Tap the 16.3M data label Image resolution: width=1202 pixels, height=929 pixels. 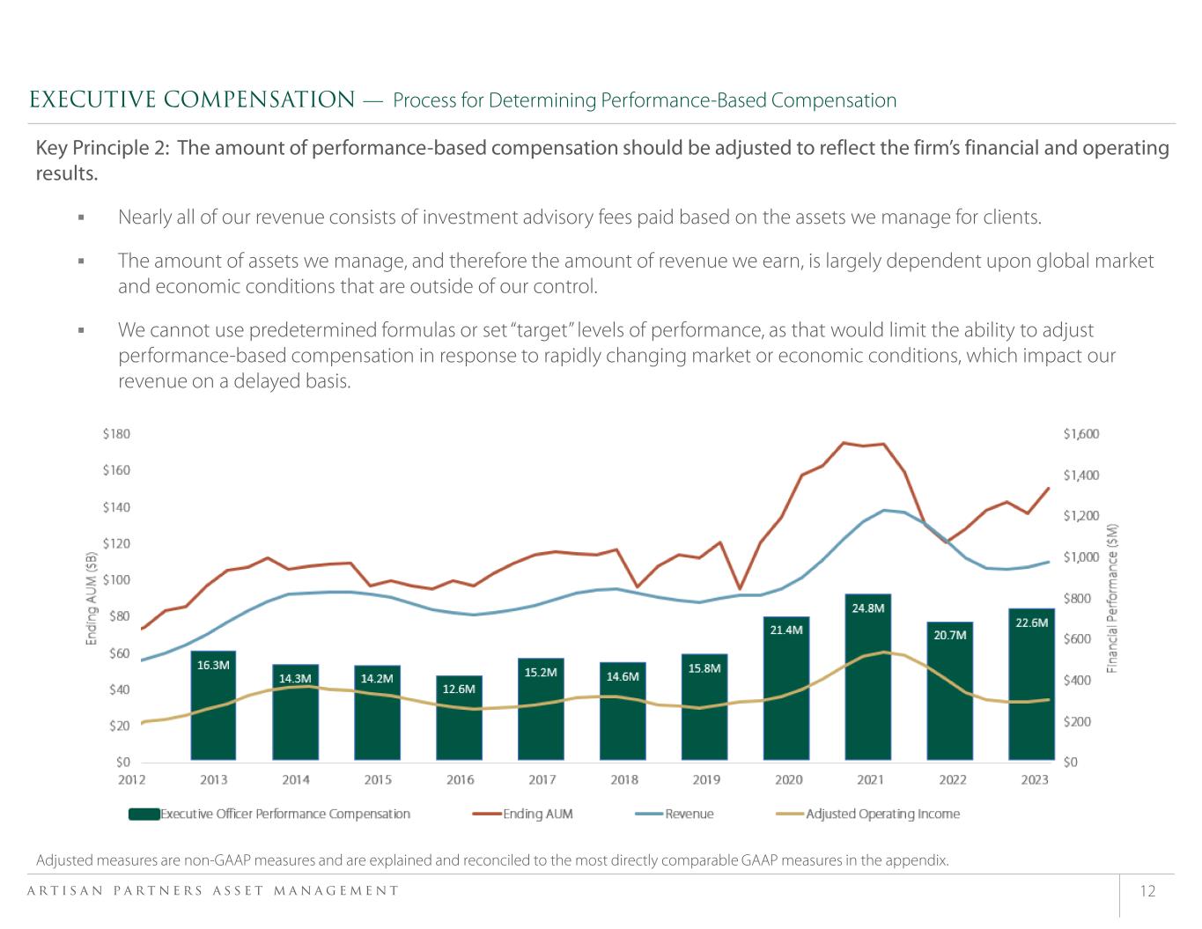coord(213,666)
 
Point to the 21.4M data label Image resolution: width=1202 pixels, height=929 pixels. coord(786,630)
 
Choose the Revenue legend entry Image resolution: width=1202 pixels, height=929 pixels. coord(675,814)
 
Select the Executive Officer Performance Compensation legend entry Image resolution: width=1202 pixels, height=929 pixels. coord(269,814)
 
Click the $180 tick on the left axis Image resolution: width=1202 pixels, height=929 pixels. coord(116,434)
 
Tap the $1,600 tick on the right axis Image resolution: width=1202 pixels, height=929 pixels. coord(1081,434)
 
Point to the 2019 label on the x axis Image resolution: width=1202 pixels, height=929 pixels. coord(706,779)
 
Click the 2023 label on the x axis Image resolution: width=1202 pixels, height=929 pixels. coord(1035,779)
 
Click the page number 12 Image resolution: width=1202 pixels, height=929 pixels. coord(1147,891)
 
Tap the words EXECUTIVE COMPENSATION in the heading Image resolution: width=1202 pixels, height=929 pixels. coord(192,100)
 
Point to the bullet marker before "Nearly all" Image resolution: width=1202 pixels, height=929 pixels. coord(80,218)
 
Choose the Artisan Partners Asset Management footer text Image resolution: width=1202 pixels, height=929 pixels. coord(214,891)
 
